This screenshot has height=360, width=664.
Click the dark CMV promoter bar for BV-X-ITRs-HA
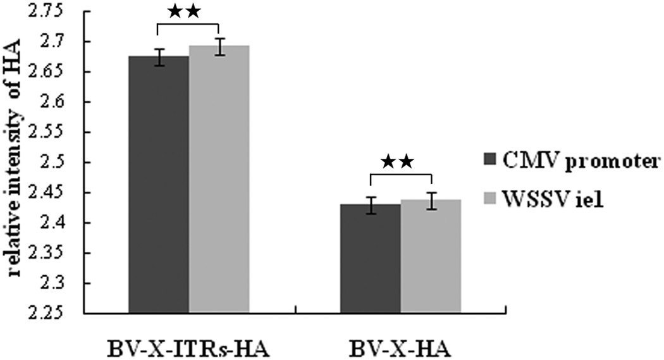coord(158,190)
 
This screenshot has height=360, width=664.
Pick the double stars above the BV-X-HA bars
coord(400,162)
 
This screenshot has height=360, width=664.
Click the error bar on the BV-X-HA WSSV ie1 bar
coord(431,201)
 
